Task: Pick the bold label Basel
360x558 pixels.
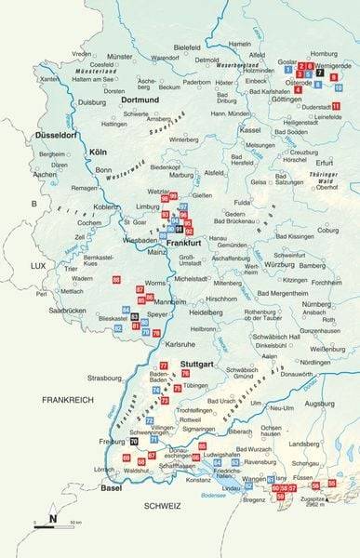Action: [112, 487]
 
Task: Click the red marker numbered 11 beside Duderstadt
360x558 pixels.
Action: [336, 107]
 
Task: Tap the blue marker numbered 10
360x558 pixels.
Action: [338, 87]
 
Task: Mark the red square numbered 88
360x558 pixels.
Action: [116, 280]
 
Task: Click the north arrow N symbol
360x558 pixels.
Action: [53, 518]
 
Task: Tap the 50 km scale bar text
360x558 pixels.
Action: [67, 524]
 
